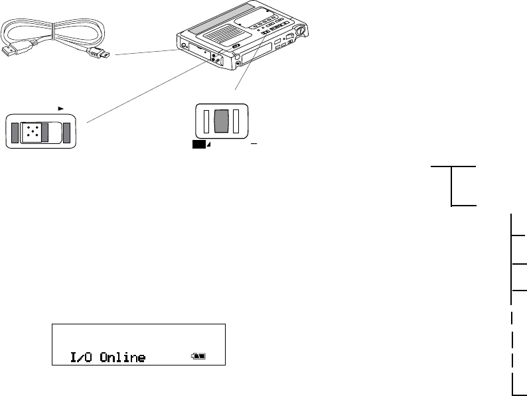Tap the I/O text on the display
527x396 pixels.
[82, 358]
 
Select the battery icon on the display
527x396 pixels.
[198, 356]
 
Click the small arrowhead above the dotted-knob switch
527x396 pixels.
[61, 105]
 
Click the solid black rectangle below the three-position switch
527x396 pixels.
[197, 143]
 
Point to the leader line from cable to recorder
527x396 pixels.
[146, 52]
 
